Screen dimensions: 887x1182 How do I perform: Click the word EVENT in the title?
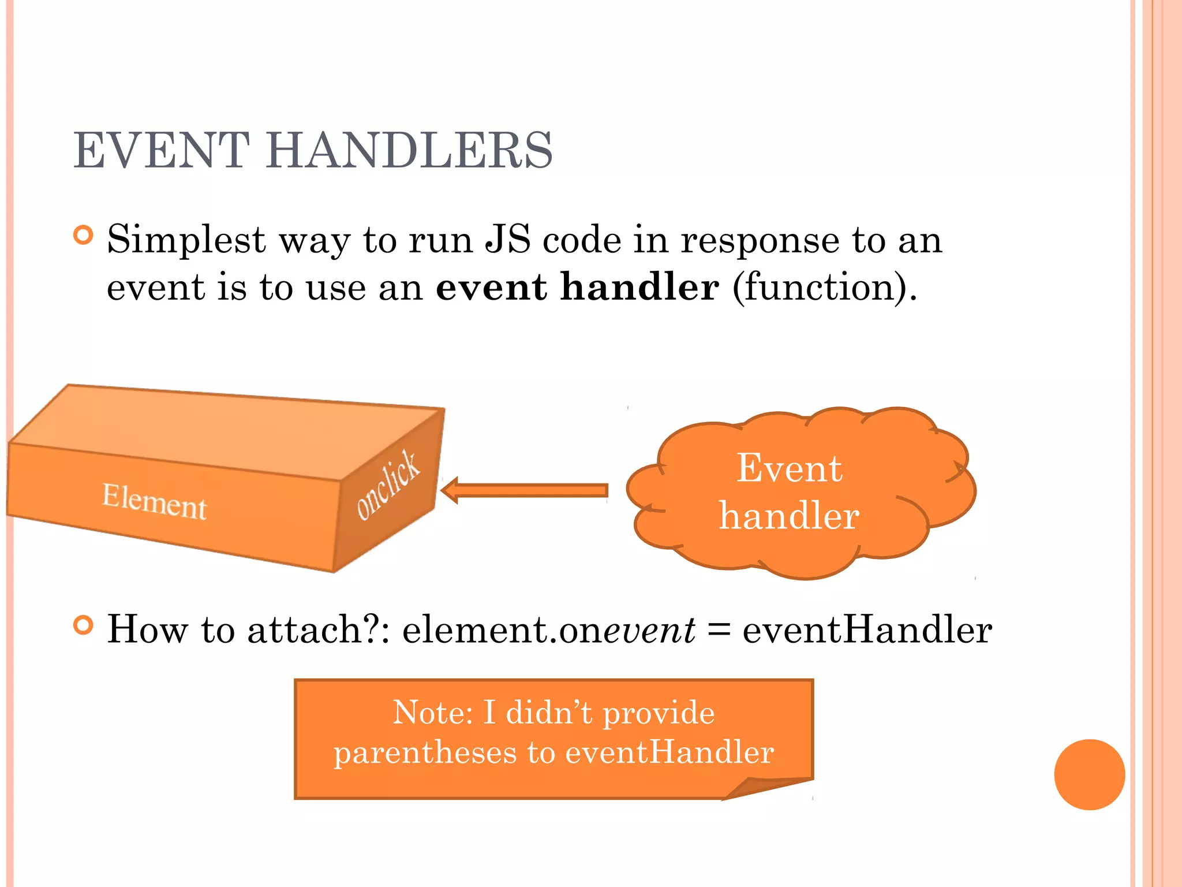pyautogui.click(x=162, y=150)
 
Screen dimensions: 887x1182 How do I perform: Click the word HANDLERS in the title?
pyautogui.click(x=409, y=150)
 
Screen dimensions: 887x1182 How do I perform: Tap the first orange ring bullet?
pyautogui.click(x=84, y=235)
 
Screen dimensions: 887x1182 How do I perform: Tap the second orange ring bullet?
pyautogui.click(x=84, y=625)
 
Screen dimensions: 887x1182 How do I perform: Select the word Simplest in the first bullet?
pyautogui.click(x=186, y=240)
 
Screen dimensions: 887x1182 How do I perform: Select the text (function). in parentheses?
pyautogui.click(x=824, y=287)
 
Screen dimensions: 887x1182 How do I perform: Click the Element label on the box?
pyautogui.click(x=154, y=501)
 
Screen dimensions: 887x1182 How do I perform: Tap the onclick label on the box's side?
pyautogui.click(x=387, y=485)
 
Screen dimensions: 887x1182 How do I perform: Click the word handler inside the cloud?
pyautogui.click(x=789, y=515)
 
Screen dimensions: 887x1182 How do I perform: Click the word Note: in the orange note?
pyautogui.click(x=433, y=712)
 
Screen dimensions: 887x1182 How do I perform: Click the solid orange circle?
pyautogui.click(x=1089, y=774)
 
